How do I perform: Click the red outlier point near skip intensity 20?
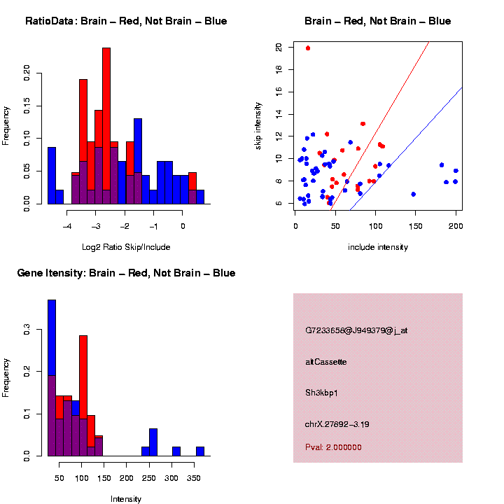pos(308,48)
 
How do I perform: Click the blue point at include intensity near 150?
pos(414,194)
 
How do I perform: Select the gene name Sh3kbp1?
pos(322,393)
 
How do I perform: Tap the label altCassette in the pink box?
pos(326,362)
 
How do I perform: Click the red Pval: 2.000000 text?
pos(333,447)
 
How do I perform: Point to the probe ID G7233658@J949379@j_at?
pos(356,330)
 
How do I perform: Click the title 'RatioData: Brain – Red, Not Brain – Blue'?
pos(126,21)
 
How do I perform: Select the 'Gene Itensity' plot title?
pos(126,273)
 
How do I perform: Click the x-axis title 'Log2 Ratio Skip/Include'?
pos(126,247)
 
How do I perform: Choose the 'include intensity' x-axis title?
pos(378,247)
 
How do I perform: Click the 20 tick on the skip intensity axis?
pos(279,47)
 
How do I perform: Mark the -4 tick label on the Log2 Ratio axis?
pos(67,227)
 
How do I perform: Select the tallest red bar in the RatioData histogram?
pos(106,126)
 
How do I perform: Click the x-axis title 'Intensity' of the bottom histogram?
pos(126,499)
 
